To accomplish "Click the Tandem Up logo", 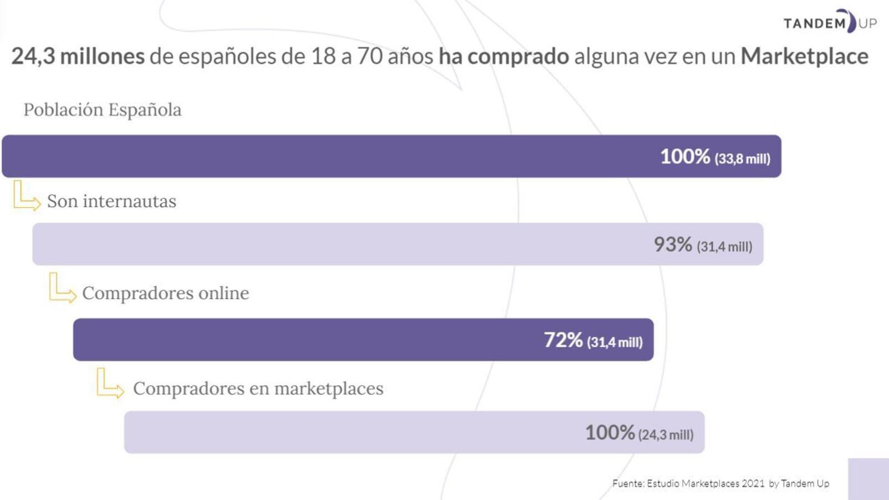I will [x=830, y=22].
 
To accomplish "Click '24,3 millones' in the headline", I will [x=78, y=56].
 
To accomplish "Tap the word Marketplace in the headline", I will [x=804, y=56].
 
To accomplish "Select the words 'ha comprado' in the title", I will [x=503, y=56].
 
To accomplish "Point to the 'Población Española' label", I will [x=102, y=109].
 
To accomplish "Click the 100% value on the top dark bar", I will [x=685, y=157].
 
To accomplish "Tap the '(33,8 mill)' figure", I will [x=742, y=159].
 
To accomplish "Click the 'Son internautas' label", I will [x=112, y=201].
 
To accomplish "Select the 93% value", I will [x=672, y=244].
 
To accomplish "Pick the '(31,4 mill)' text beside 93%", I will [x=725, y=247].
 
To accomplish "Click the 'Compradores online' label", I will [x=166, y=293].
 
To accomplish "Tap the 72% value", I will [x=563, y=340].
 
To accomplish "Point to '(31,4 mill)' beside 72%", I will [x=615, y=342].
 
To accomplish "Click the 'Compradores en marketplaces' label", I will [x=258, y=388].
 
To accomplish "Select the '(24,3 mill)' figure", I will [x=666, y=434].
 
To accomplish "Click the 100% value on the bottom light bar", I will [x=610, y=432].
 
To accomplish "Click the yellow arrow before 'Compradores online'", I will [x=62, y=288].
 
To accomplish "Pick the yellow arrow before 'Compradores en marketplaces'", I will [x=109, y=383].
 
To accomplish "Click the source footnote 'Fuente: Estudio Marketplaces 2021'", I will [x=688, y=483].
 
